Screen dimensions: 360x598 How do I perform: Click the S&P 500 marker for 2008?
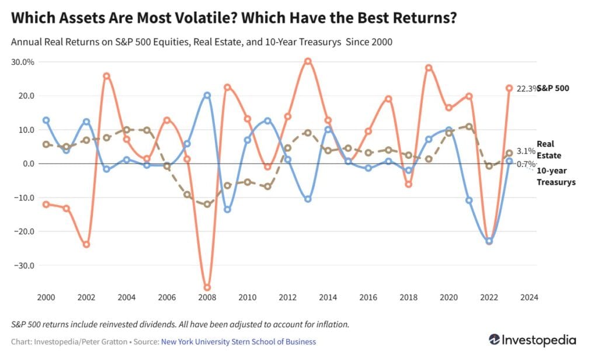pyautogui.click(x=207, y=288)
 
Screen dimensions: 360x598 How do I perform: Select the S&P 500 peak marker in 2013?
pyautogui.click(x=308, y=61)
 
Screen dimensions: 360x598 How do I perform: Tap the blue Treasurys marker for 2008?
pyautogui.click(x=207, y=95)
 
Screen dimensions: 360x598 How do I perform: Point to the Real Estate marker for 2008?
pyautogui.click(x=207, y=204)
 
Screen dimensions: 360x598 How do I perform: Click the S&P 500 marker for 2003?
pyautogui.click(x=106, y=76)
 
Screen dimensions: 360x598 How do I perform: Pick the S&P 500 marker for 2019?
pyautogui.click(x=429, y=68)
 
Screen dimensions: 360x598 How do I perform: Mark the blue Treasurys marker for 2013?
pyautogui.click(x=308, y=199)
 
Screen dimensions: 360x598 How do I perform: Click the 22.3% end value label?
pyautogui.click(x=524, y=88)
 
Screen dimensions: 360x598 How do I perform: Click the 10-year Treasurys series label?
pyautogui.click(x=556, y=176)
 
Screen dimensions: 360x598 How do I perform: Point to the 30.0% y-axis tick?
pyautogui.click(x=24, y=62)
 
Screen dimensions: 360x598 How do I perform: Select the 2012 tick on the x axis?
pyautogui.click(x=288, y=298)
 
